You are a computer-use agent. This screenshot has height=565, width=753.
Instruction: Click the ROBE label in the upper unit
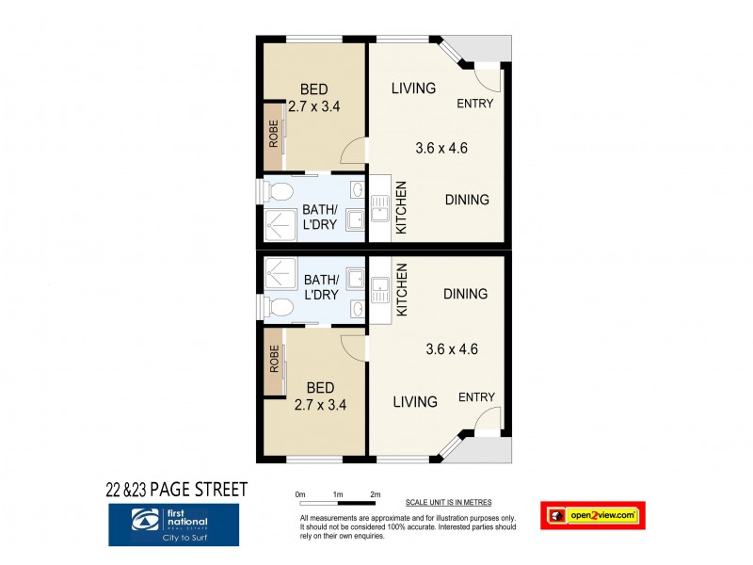coord(273,136)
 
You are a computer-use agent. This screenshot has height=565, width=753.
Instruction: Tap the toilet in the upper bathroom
coord(280,193)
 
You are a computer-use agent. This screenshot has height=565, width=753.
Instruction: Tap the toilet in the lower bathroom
coord(280,306)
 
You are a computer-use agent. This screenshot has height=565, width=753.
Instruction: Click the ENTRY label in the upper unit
coord(475,104)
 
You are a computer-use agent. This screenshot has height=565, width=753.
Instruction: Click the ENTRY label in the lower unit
coord(476,397)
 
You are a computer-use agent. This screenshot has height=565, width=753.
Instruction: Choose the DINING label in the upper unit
coord(466,200)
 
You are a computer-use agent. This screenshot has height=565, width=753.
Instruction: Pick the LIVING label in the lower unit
coord(414,402)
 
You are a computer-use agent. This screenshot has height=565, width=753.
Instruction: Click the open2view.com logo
coord(593,515)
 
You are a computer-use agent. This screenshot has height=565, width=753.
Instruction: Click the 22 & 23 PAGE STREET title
coord(176,489)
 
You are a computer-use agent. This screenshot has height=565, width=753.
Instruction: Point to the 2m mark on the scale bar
coord(375,494)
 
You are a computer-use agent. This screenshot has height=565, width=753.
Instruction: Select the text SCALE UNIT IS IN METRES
coord(448,503)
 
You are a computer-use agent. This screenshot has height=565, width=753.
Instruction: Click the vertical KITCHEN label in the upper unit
coord(400,208)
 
